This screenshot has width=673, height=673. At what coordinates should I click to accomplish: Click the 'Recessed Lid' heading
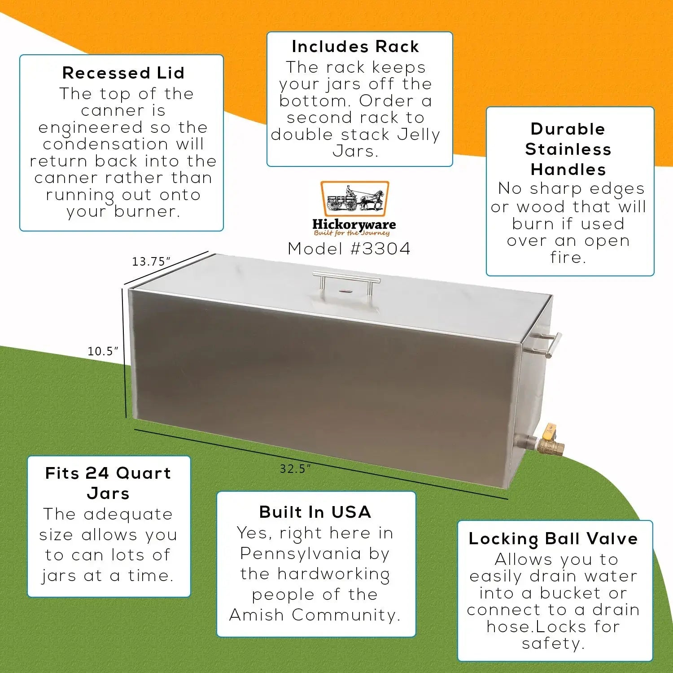click(x=123, y=73)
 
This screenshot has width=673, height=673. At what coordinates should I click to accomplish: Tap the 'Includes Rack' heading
click(x=355, y=47)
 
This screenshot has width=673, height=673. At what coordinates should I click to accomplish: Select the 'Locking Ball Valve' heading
click(x=553, y=538)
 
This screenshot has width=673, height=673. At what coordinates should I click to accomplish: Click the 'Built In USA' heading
click(x=315, y=512)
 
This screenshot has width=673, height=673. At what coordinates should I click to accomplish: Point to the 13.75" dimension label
click(x=151, y=262)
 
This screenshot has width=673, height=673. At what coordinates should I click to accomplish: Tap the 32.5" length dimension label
click(x=295, y=469)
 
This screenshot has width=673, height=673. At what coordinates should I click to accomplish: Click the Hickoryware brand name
click(x=354, y=224)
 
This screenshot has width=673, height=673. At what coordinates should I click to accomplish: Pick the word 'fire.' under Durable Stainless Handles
click(x=568, y=258)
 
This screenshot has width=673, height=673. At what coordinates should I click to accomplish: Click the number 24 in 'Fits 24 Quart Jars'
click(x=97, y=473)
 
